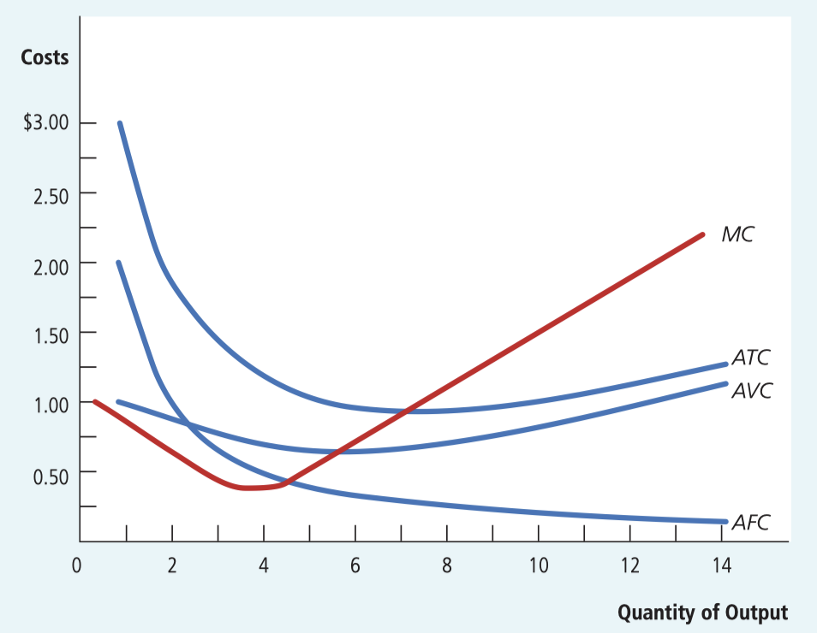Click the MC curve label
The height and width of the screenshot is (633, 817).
coord(737,234)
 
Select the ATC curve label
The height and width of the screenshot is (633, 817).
coord(752,358)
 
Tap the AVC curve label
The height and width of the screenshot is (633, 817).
coord(752,391)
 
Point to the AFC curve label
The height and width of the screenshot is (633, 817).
coord(751,522)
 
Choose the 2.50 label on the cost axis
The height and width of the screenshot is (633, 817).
coord(51,193)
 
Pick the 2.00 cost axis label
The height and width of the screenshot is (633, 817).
coord(51,263)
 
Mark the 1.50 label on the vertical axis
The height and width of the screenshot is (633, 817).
coord(51,333)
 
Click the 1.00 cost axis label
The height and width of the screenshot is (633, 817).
coord(51,403)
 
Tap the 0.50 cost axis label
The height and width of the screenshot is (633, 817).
coord(51,472)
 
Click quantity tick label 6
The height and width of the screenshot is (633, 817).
coord(355,565)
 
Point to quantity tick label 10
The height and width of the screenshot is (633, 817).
coord(538,565)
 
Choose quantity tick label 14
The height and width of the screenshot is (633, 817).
coord(721,565)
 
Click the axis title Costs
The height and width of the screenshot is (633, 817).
coord(45,58)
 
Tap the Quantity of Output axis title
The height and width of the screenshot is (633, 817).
coord(702,612)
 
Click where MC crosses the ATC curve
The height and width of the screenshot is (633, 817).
coord(407,411)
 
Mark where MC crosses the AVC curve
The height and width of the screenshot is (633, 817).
coord(333,451)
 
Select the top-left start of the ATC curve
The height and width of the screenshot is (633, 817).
coord(120,123)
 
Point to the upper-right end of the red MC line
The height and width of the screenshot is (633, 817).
coord(702,234)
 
